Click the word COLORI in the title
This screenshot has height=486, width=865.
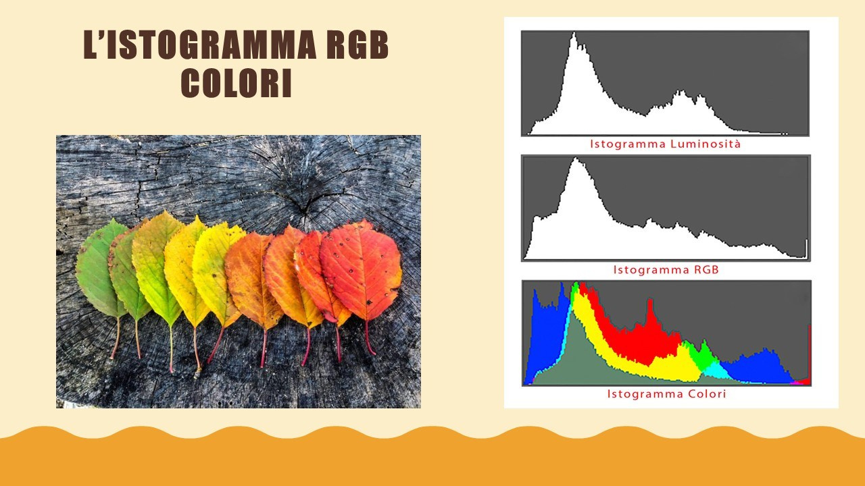pos(236,83)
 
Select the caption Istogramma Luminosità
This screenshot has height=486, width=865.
pos(665,144)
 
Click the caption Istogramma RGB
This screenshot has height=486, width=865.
pos(666,269)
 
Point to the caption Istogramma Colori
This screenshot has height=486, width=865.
pos(666,394)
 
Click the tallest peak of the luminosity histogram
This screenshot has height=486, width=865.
pos(574,37)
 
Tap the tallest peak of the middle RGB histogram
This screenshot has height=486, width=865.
pos(575,162)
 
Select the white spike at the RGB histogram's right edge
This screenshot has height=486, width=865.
pos(806,249)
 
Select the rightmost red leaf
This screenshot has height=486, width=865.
pos(362,267)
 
